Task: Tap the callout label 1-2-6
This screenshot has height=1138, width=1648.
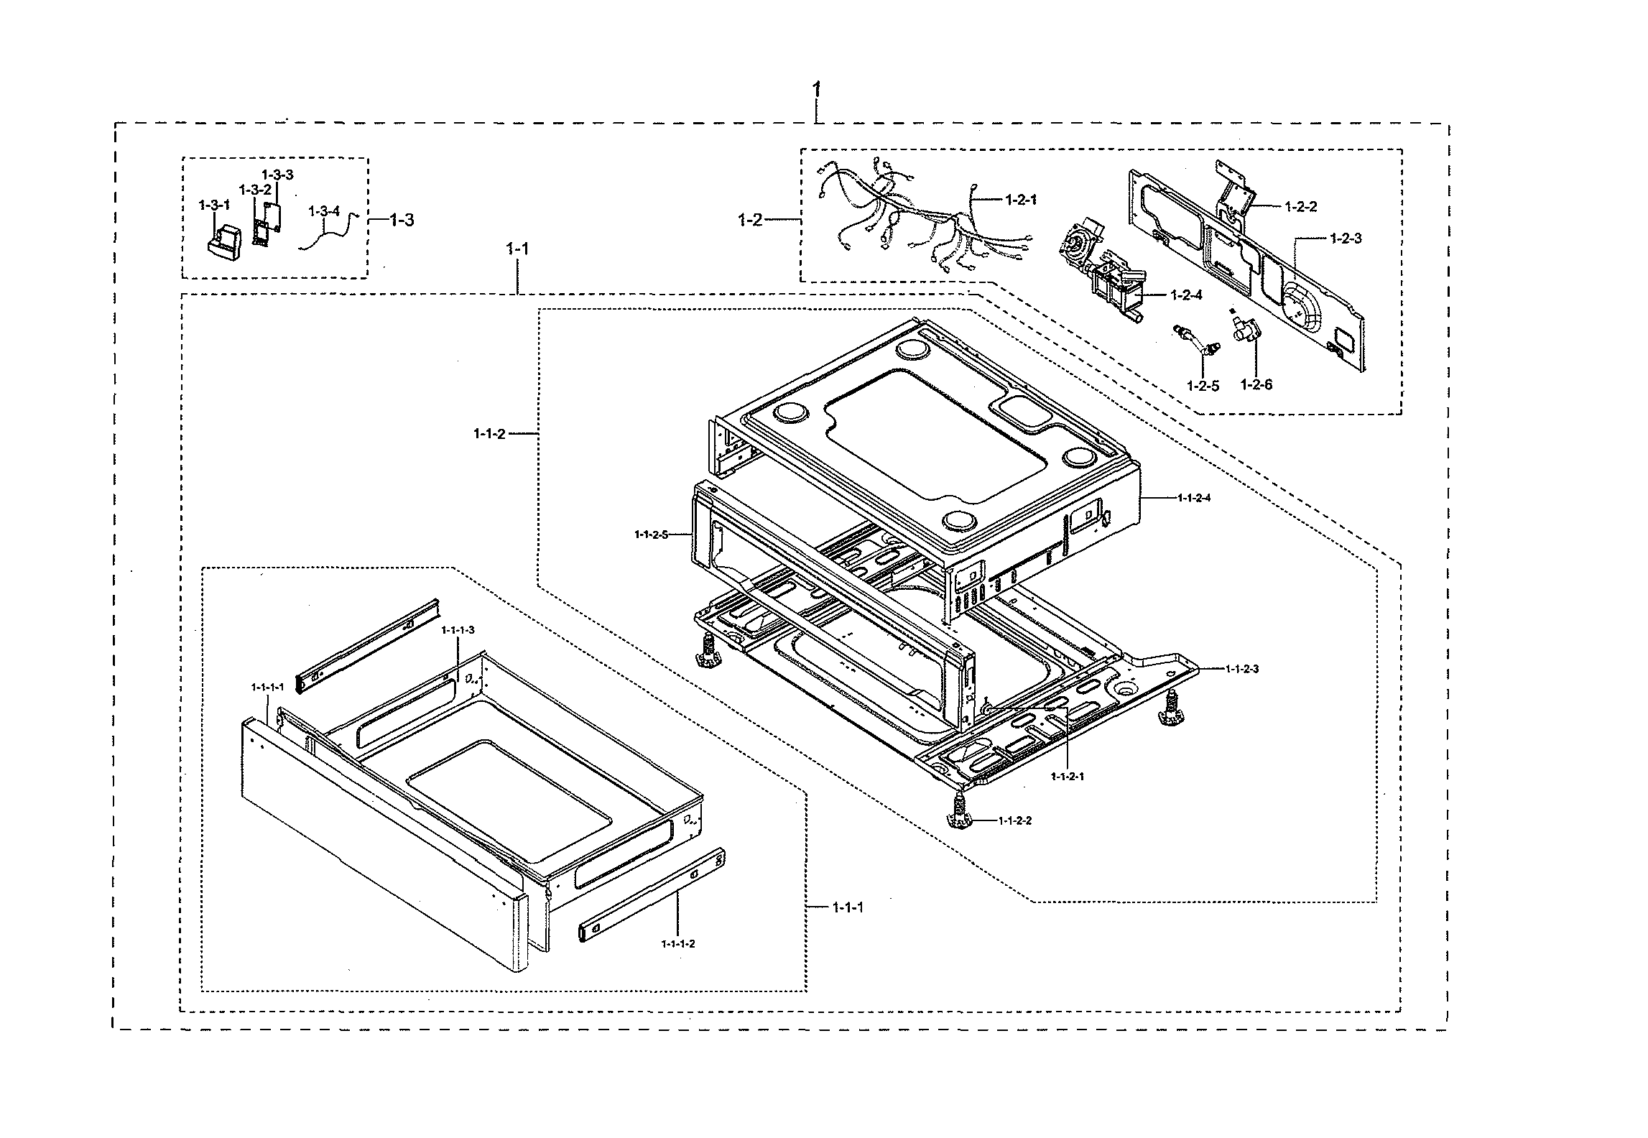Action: (1256, 384)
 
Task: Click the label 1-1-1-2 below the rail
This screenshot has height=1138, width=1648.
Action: (678, 943)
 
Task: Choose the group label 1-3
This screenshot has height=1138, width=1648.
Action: (402, 221)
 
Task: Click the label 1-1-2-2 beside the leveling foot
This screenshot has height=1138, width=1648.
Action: (1014, 820)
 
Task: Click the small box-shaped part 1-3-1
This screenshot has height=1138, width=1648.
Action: (226, 241)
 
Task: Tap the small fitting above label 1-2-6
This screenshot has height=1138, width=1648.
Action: (1248, 332)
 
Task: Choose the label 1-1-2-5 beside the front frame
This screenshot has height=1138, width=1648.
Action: (651, 535)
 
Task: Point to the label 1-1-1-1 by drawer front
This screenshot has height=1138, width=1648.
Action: (267, 687)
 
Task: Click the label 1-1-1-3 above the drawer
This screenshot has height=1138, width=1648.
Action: (458, 630)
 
